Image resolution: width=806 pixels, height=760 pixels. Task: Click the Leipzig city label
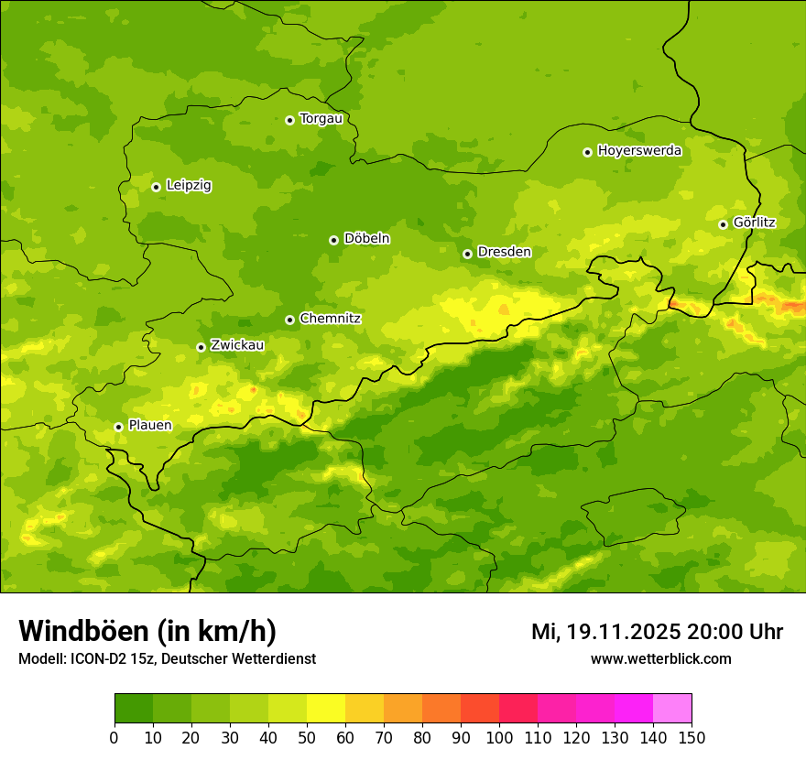point(189,186)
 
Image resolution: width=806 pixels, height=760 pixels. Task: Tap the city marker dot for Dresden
point(467,254)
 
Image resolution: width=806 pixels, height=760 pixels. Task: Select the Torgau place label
point(321,119)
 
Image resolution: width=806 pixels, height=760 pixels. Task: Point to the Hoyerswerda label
point(639,151)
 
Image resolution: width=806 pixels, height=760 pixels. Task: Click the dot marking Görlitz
point(723,224)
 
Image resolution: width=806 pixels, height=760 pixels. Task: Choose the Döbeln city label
point(366,239)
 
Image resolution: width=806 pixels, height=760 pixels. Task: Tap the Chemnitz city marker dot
point(289,320)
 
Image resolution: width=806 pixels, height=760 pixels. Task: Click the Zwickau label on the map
point(237,346)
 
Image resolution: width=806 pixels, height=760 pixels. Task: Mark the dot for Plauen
point(118,427)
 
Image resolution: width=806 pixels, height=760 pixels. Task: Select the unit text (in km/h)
point(217,632)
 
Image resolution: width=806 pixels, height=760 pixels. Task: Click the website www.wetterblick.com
point(660,659)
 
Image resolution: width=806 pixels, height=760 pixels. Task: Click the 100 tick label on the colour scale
point(499,737)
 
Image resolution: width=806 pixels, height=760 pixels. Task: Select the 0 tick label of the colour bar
point(114,737)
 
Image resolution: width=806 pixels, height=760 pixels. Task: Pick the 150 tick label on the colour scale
point(692,737)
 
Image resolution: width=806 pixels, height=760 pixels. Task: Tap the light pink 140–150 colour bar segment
point(672,709)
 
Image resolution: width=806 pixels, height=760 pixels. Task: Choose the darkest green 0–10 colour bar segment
point(134,709)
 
